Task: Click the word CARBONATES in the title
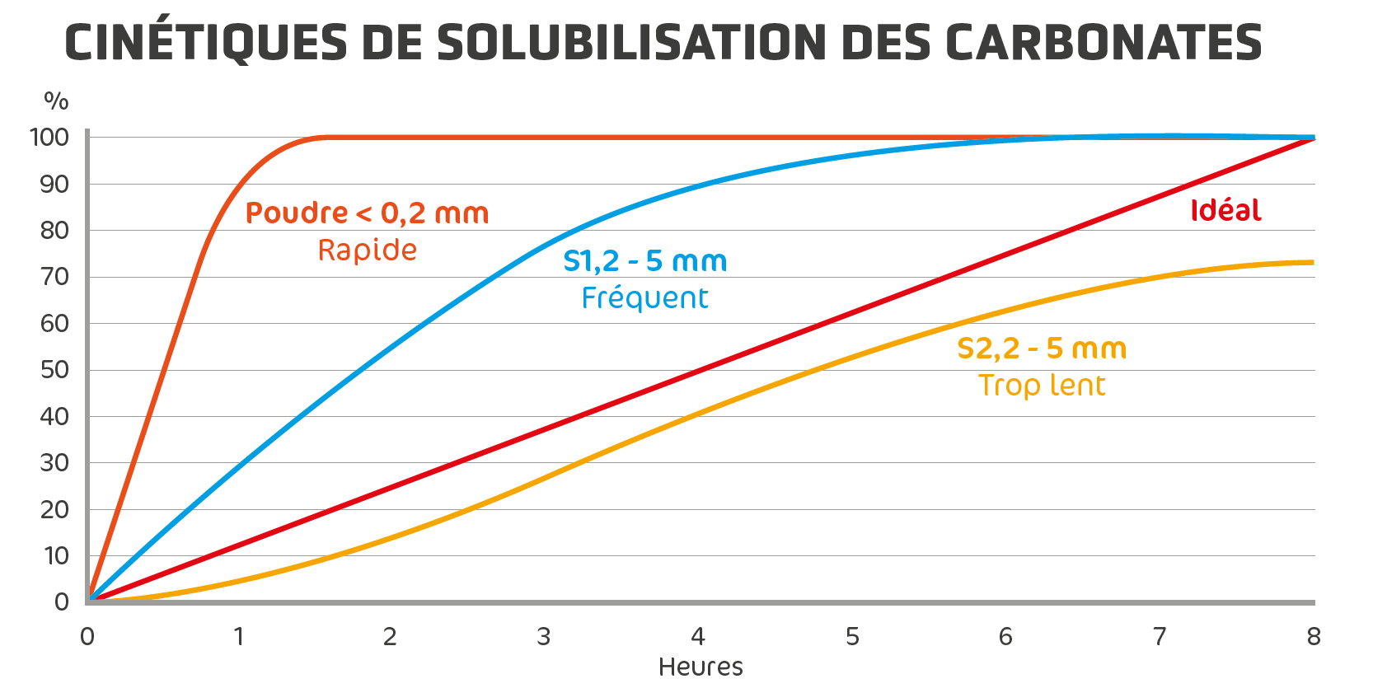[1103, 43]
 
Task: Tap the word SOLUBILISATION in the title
[630, 43]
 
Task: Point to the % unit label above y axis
[56, 101]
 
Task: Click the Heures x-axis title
[701, 667]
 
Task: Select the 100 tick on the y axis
[49, 138]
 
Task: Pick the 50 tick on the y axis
[54, 370]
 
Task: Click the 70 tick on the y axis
[54, 277]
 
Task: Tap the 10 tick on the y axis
[56, 556]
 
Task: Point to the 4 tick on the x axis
[698, 637]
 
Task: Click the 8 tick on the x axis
[1314, 637]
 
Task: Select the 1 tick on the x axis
[239, 637]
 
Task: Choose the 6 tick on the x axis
[1005, 637]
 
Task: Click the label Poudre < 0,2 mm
[368, 213]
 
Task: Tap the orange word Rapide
[368, 250]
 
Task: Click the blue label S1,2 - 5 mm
[645, 261]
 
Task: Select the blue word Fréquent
[644, 297]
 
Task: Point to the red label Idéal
[1225, 211]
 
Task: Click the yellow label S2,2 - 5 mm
[1042, 349]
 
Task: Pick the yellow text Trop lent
[1042, 385]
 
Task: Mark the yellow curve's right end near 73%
[1311, 263]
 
